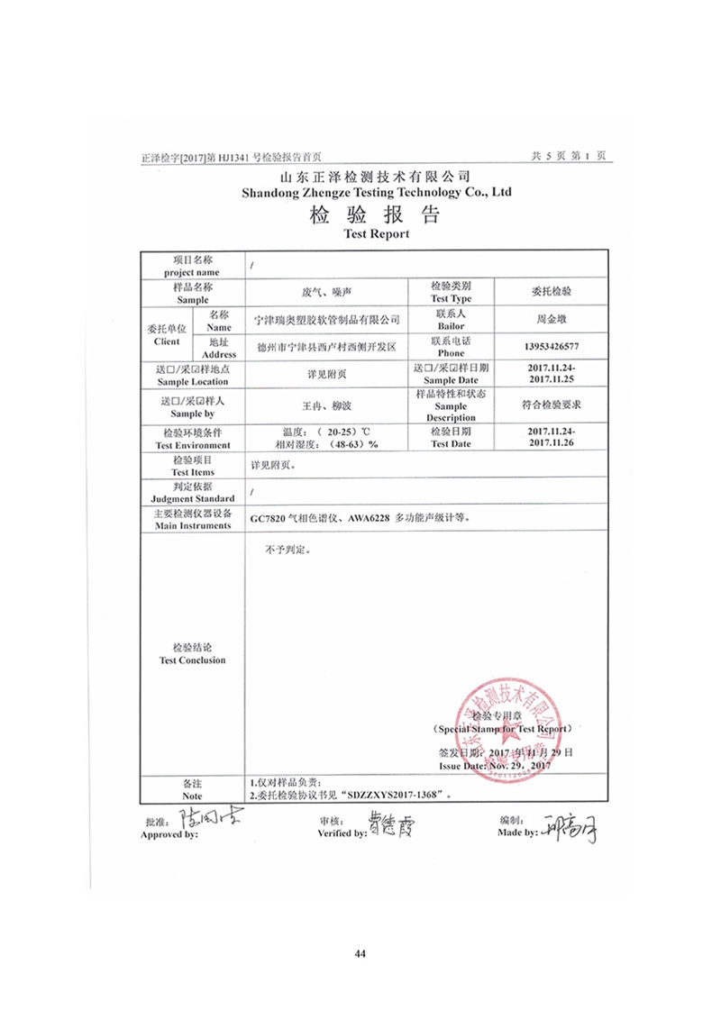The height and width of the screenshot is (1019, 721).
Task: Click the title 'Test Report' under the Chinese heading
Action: tap(377, 233)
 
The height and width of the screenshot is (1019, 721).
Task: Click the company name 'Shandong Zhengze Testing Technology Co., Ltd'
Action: tap(377, 192)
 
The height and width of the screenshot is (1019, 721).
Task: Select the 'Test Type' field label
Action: tap(451, 298)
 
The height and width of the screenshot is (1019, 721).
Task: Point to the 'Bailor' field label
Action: tap(451, 325)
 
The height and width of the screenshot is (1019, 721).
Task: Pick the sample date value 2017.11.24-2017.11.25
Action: tap(550, 375)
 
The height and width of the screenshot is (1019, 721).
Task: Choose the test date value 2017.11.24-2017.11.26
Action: tap(550, 438)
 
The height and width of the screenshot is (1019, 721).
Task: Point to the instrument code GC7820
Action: tap(275, 519)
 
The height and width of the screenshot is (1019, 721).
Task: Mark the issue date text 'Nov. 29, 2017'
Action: tap(518, 765)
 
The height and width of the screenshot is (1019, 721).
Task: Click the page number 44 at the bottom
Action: tap(360, 953)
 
